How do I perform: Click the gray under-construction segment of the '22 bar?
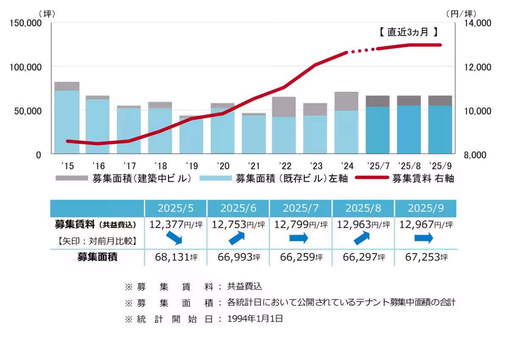[x=284, y=107]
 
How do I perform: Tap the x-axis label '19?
[x=191, y=165]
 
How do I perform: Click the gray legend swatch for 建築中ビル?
[x=72, y=179]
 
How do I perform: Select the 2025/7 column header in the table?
[x=301, y=208]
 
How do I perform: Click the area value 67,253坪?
[x=425, y=257]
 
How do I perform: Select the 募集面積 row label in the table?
[x=97, y=257]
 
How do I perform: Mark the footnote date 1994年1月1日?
[x=255, y=319]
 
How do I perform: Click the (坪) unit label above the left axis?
[x=47, y=14]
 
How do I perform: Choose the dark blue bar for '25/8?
[x=409, y=130]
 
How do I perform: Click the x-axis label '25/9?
[x=440, y=165]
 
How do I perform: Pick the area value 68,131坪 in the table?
[x=176, y=257]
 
